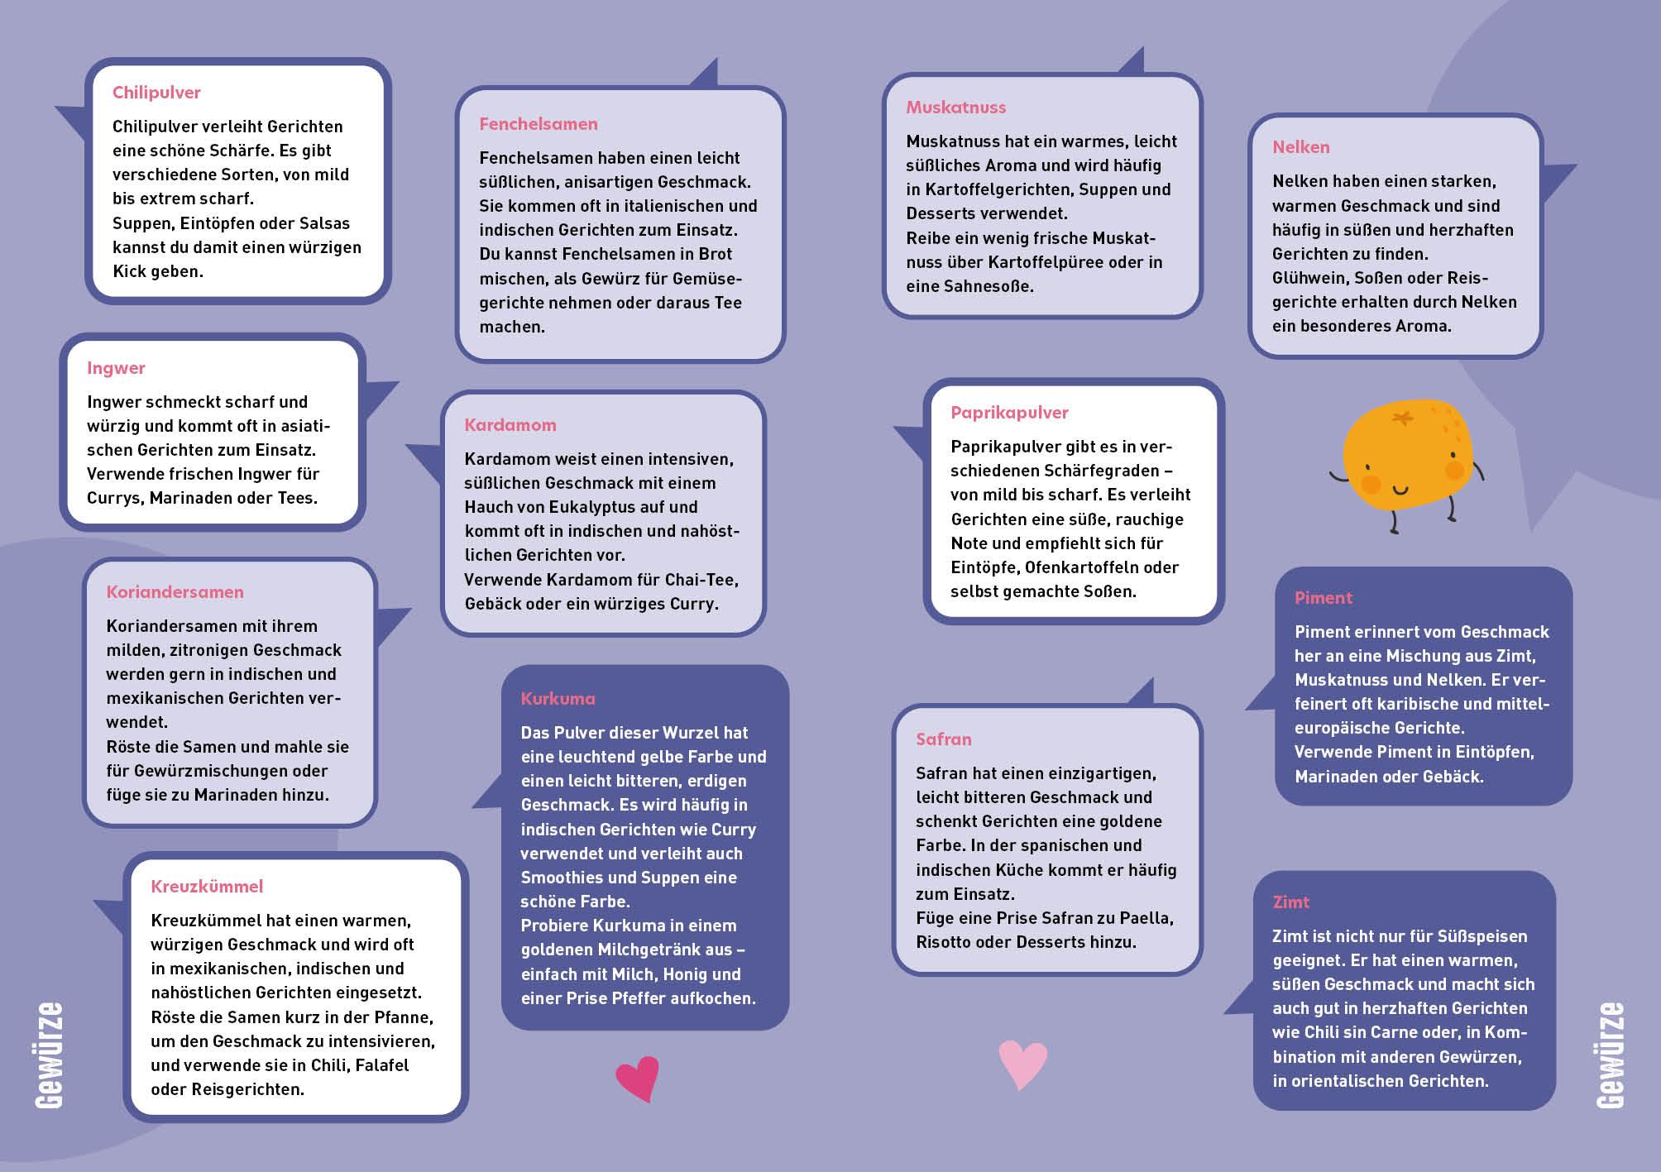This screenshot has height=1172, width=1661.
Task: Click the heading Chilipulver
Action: pyautogui.click(x=156, y=93)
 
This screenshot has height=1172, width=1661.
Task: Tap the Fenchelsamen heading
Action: pyautogui.click(x=538, y=124)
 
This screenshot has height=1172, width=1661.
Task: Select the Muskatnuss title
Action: pyautogui.click(x=955, y=108)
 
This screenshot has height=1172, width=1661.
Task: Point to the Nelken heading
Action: pyautogui.click(x=1300, y=147)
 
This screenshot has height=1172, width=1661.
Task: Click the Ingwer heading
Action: pyautogui.click(x=116, y=368)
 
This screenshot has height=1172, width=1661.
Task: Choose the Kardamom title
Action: pyautogui.click(x=510, y=425)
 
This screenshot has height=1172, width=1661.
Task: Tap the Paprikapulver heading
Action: pyautogui.click(x=1008, y=413)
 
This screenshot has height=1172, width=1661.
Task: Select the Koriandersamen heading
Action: pyautogui.click(x=175, y=592)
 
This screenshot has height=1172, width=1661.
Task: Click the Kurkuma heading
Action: pyautogui.click(x=558, y=699)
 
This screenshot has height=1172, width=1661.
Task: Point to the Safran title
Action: pyautogui.click(x=943, y=739)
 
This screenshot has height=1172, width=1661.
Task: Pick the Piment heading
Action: pyautogui.click(x=1323, y=598)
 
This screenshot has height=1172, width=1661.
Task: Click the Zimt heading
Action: pyautogui.click(x=1290, y=902)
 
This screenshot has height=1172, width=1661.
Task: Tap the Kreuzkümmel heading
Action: pyautogui.click(x=206, y=887)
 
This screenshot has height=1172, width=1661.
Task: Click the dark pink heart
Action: pyautogui.click(x=637, y=1078)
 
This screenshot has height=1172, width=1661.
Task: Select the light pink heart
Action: pyautogui.click(x=1022, y=1063)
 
